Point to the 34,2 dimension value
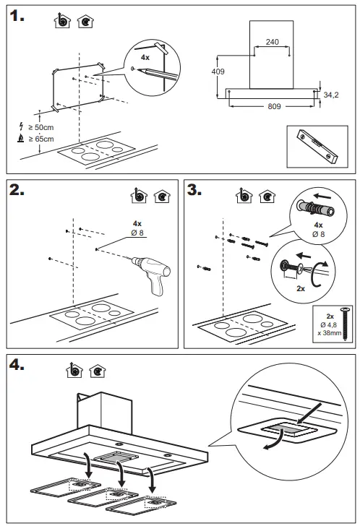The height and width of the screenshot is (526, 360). pyautogui.click(x=332, y=94)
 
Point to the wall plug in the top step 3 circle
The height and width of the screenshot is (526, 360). pyautogui.click(x=314, y=208)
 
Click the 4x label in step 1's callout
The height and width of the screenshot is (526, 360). pyautogui.click(x=145, y=56)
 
